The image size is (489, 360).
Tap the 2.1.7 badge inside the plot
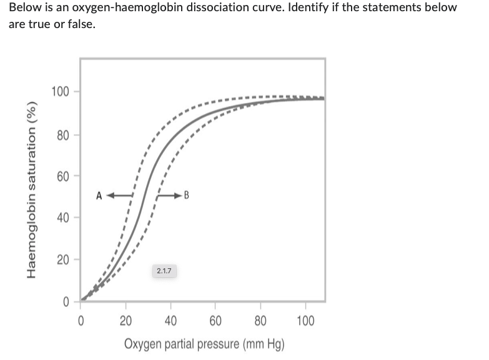click(x=165, y=271)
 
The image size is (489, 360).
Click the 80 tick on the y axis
click(x=61, y=135)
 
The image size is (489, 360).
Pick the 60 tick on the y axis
click(x=61, y=176)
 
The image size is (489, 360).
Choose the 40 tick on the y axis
click(x=61, y=218)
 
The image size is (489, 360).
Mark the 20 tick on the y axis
click(x=61, y=260)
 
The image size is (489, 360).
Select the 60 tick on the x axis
click(x=215, y=321)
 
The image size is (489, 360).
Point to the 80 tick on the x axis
click(x=260, y=321)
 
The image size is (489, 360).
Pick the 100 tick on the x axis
click(x=305, y=321)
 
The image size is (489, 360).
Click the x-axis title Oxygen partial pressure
click(x=205, y=344)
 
